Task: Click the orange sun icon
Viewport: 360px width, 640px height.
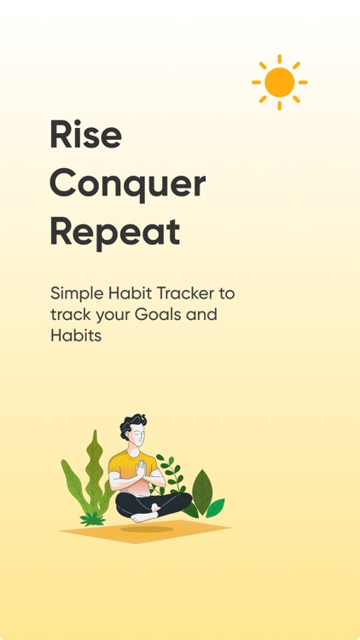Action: click(x=279, y=82)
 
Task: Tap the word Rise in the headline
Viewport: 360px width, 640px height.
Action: click(x=85, y=135)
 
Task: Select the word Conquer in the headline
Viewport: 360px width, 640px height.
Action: click(x=127, y=183)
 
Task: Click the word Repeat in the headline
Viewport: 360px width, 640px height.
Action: click(x=114, y=231)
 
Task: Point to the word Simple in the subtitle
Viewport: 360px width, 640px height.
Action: click(x=77, y=294)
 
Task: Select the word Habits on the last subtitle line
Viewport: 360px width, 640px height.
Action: click(x=75, y=336)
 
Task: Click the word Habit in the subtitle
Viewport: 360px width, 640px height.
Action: click(x=133, y=294)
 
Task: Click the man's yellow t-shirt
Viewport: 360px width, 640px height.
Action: click(x=121, y=468)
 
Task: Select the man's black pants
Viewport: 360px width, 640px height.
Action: click(x=171, y=501)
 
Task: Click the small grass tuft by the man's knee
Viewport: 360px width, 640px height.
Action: click(x=91, y=518)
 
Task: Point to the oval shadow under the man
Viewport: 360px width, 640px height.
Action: click(x=146, y=529)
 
